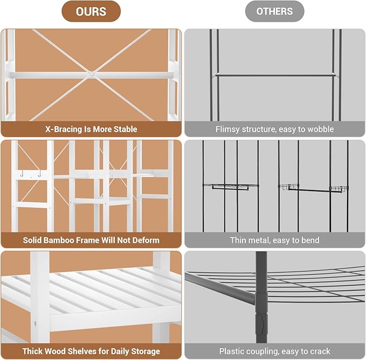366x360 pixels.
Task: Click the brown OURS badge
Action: pos(91,11)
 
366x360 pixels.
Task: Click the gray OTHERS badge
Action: pos(274,11)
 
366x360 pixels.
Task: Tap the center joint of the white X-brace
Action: pos(92,74)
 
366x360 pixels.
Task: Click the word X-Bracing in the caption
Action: pos(64,130)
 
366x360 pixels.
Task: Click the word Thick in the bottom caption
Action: pos(32,351)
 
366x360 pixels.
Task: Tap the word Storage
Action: pos(146,351)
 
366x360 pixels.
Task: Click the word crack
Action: pos(320,351)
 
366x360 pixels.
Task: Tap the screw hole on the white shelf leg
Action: pos(36,324)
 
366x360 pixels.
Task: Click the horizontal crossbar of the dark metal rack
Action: pos(274,75)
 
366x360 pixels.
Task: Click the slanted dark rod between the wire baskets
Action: pos(309,190)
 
